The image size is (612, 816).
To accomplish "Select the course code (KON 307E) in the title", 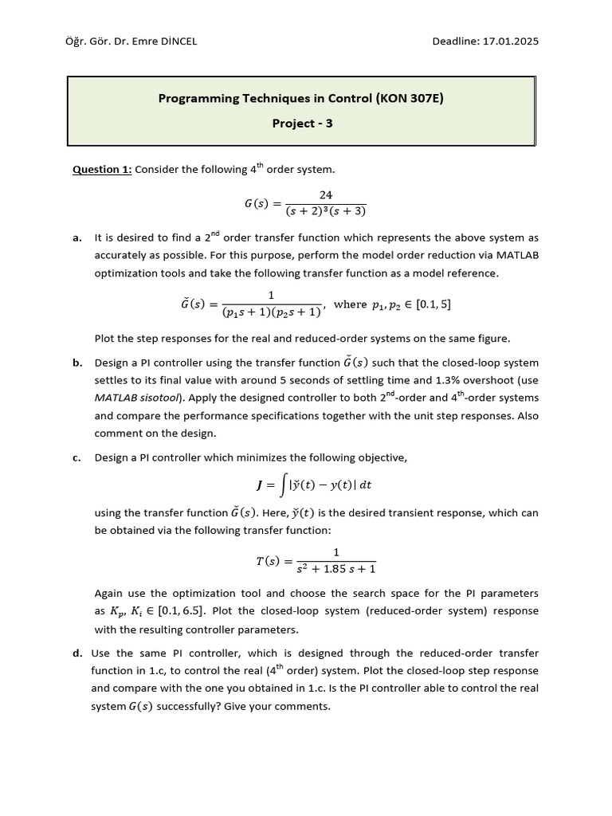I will pyautogui.click(x=402, y=98).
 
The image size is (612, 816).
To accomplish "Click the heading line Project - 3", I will pyautogui.click(x=302, y=124).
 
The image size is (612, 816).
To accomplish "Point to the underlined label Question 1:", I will pyautogui.click(x=102, y=169).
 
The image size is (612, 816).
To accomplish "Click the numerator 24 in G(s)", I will pyautogui.click(x=325, y=195).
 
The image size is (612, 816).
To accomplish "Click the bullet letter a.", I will pyautogui.click(x=76, y=237).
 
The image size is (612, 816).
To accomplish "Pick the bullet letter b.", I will pyautogui.click(x=77, y=363).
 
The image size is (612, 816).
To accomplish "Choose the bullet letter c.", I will pyautogui.click(x=76, y=457).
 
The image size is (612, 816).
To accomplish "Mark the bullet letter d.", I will pyautogui.click(x=77, y=653).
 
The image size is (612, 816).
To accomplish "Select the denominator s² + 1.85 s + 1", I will pyautogui.click(x=335, y=569).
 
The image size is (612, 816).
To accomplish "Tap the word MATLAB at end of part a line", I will pyautogui.click(x=514, y=255).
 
